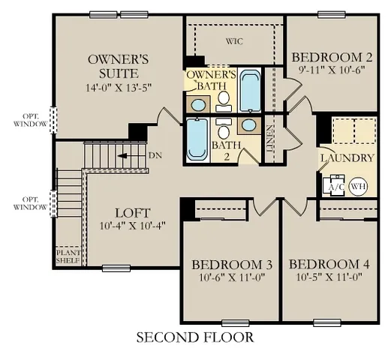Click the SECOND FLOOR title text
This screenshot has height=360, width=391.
coord(194,337)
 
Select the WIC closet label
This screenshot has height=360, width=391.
coord(236,41)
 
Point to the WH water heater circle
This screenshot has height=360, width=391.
coord(358,186)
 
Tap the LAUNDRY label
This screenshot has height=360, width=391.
coord(346,157)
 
